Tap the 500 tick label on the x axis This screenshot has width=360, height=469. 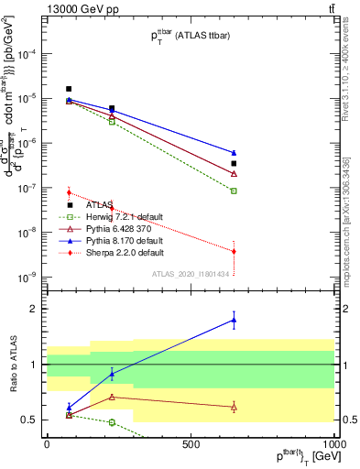pos(191,444)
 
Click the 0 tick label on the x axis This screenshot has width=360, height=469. pos(47,444)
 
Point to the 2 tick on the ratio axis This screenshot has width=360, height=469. pos(32,309)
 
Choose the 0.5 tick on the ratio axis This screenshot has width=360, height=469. pos(27,420)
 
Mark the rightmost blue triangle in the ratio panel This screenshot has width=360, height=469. pos(234,320)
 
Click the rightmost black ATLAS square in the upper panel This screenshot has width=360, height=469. pos(234,164)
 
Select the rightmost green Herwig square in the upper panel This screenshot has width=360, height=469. pos(234,191)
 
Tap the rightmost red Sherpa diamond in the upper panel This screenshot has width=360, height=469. pos(234,251)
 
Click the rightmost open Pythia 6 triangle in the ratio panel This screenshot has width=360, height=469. pos(234,407)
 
